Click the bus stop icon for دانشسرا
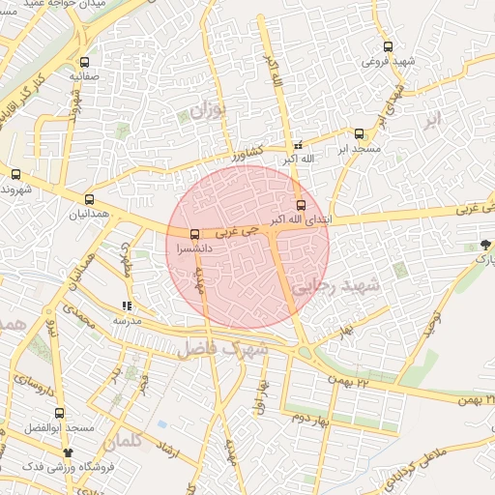click(195, 234)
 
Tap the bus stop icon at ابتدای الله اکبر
click(301, 205)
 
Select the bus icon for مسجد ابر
click(359, 134)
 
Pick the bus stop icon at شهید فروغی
click(388, 45)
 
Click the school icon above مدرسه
click(127, 305)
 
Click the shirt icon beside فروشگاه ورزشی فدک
click(67, 451)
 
